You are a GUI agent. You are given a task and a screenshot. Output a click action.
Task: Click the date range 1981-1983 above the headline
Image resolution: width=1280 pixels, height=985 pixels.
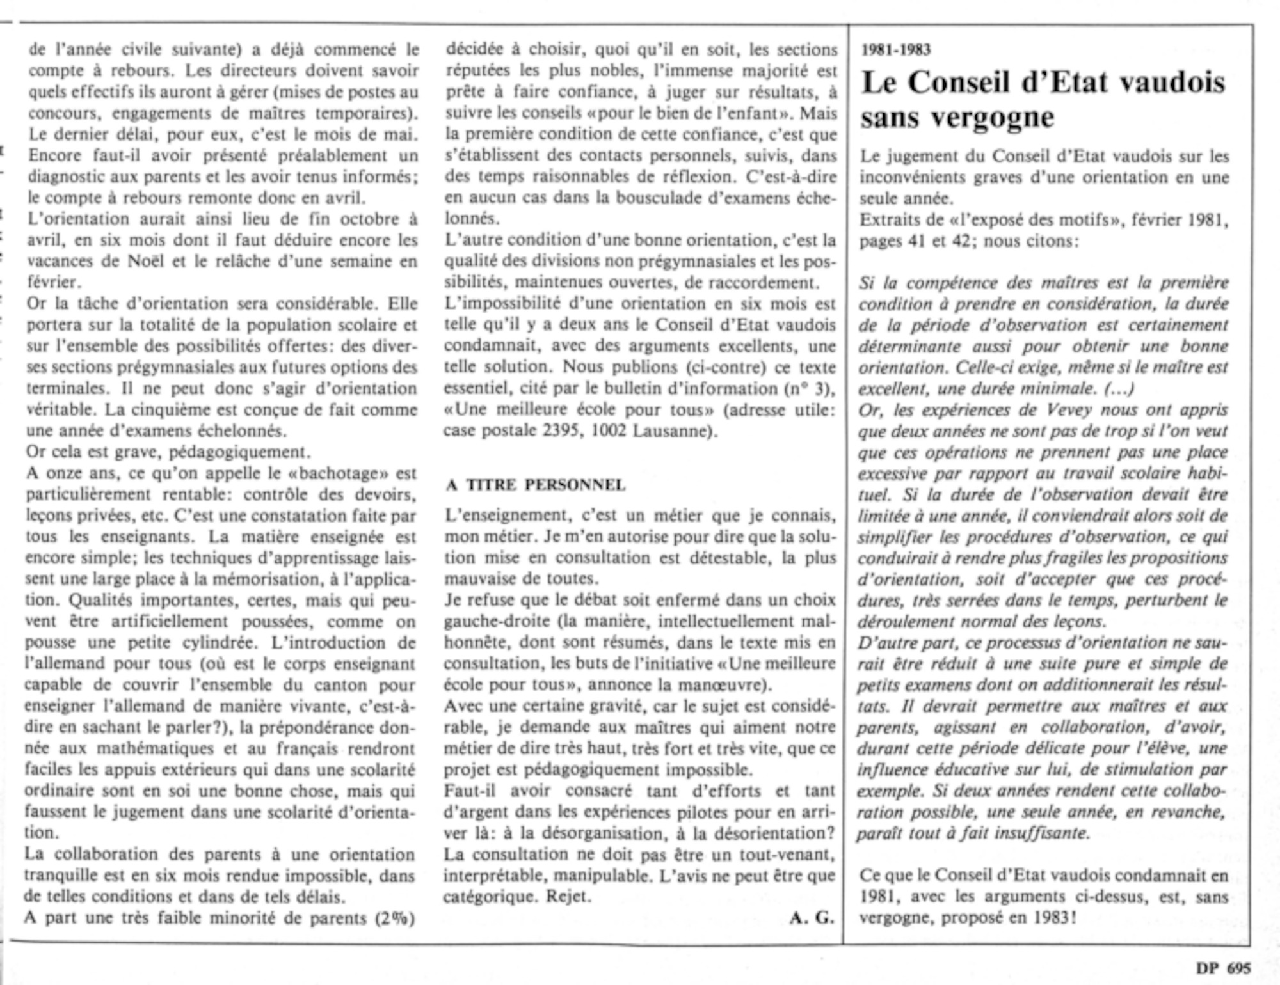tap(896, 50)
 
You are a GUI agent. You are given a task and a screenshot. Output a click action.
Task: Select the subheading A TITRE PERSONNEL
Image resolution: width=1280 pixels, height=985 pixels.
tap(536, 485)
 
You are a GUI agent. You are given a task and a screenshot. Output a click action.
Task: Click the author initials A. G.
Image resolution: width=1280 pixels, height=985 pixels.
tap(812, 918)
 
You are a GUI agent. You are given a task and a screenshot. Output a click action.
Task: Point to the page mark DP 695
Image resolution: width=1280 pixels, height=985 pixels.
tap(1222, 968)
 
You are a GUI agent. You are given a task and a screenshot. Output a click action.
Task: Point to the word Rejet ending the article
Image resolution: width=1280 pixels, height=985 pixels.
tap(567, 896)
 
